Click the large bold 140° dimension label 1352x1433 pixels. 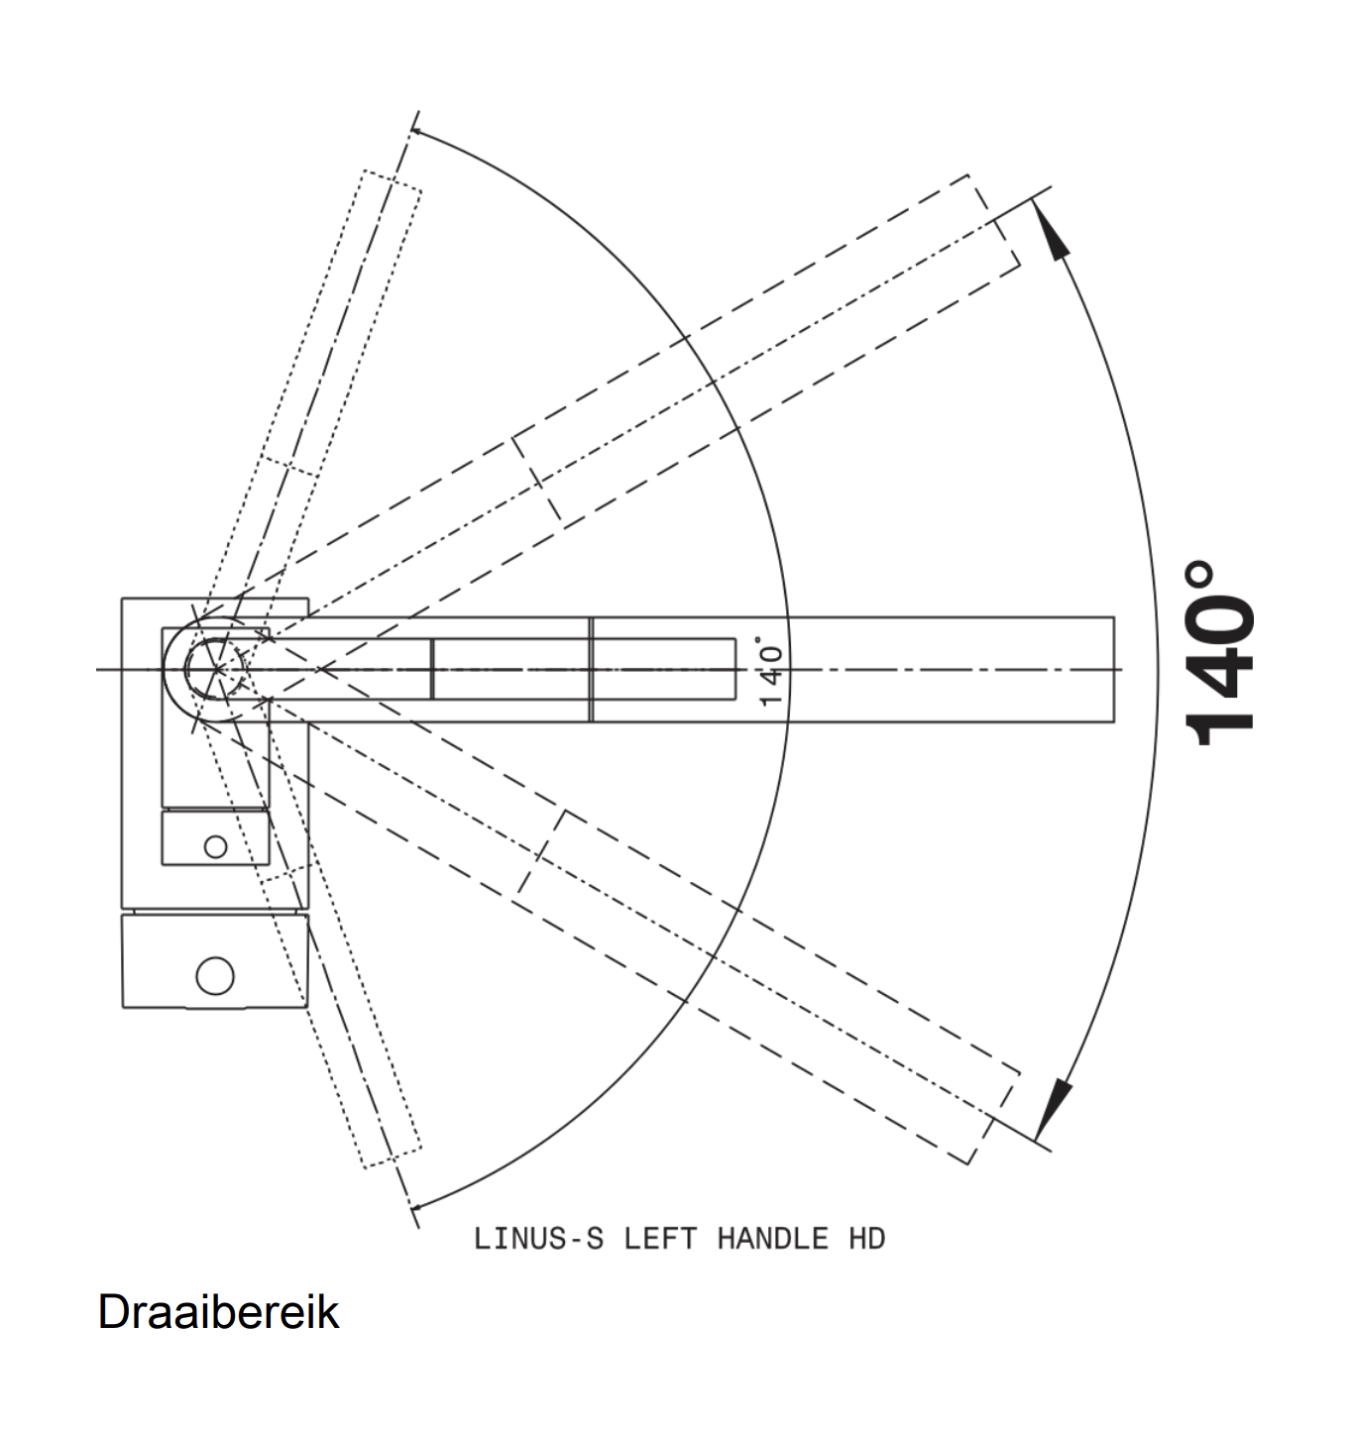point(1218,653)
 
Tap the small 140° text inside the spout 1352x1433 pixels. point(771,670)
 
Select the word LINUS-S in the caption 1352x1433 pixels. point(538,1239)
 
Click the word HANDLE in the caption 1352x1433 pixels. point(773,1239)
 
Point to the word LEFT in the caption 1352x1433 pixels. point(660,1239)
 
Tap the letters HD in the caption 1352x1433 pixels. point(867,1239)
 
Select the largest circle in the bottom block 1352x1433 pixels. point(215,975)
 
